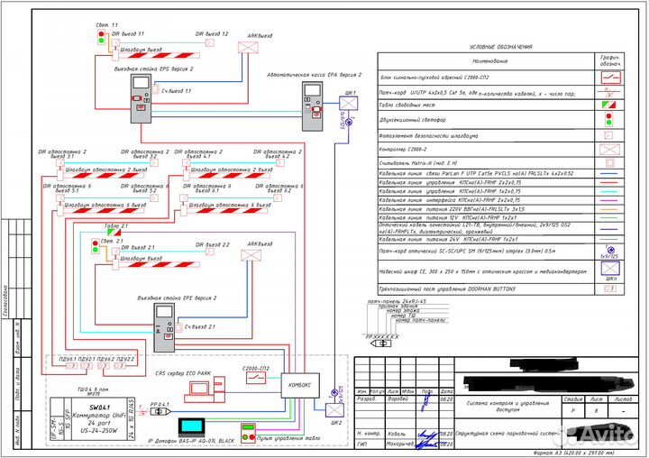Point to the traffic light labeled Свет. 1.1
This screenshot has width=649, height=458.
point(102,37)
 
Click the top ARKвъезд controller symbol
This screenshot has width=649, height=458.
point(247,47)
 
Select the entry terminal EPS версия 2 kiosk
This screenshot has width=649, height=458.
point(141,98)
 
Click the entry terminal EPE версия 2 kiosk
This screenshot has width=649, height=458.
point(165,328)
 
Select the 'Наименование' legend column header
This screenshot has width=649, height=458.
point(489,61)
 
